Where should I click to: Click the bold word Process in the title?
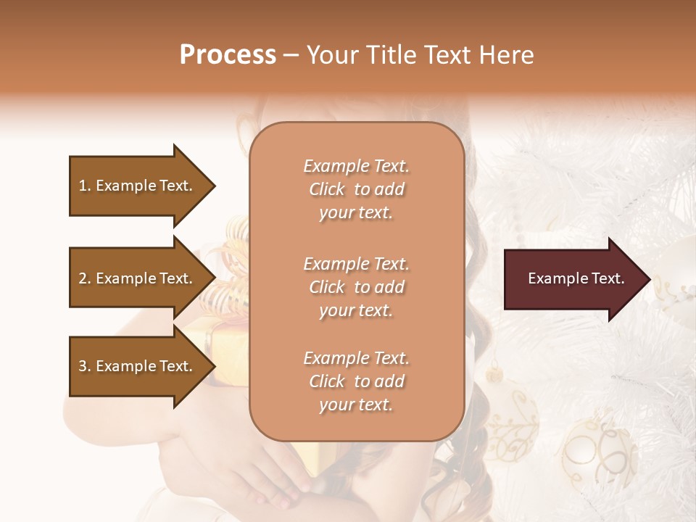click(228, 55)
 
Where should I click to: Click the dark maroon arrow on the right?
click(573, 278)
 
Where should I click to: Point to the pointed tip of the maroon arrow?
click(648, 279)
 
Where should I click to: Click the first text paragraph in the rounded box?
click(356, 189)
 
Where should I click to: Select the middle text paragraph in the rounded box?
click(356, 287)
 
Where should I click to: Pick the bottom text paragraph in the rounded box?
click(356, 381)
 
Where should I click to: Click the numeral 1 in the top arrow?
click(83, 186)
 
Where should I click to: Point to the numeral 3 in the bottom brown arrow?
click(83, 366)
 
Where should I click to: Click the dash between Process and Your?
click(291, 56)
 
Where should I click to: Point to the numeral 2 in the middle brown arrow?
click(83, 278)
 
